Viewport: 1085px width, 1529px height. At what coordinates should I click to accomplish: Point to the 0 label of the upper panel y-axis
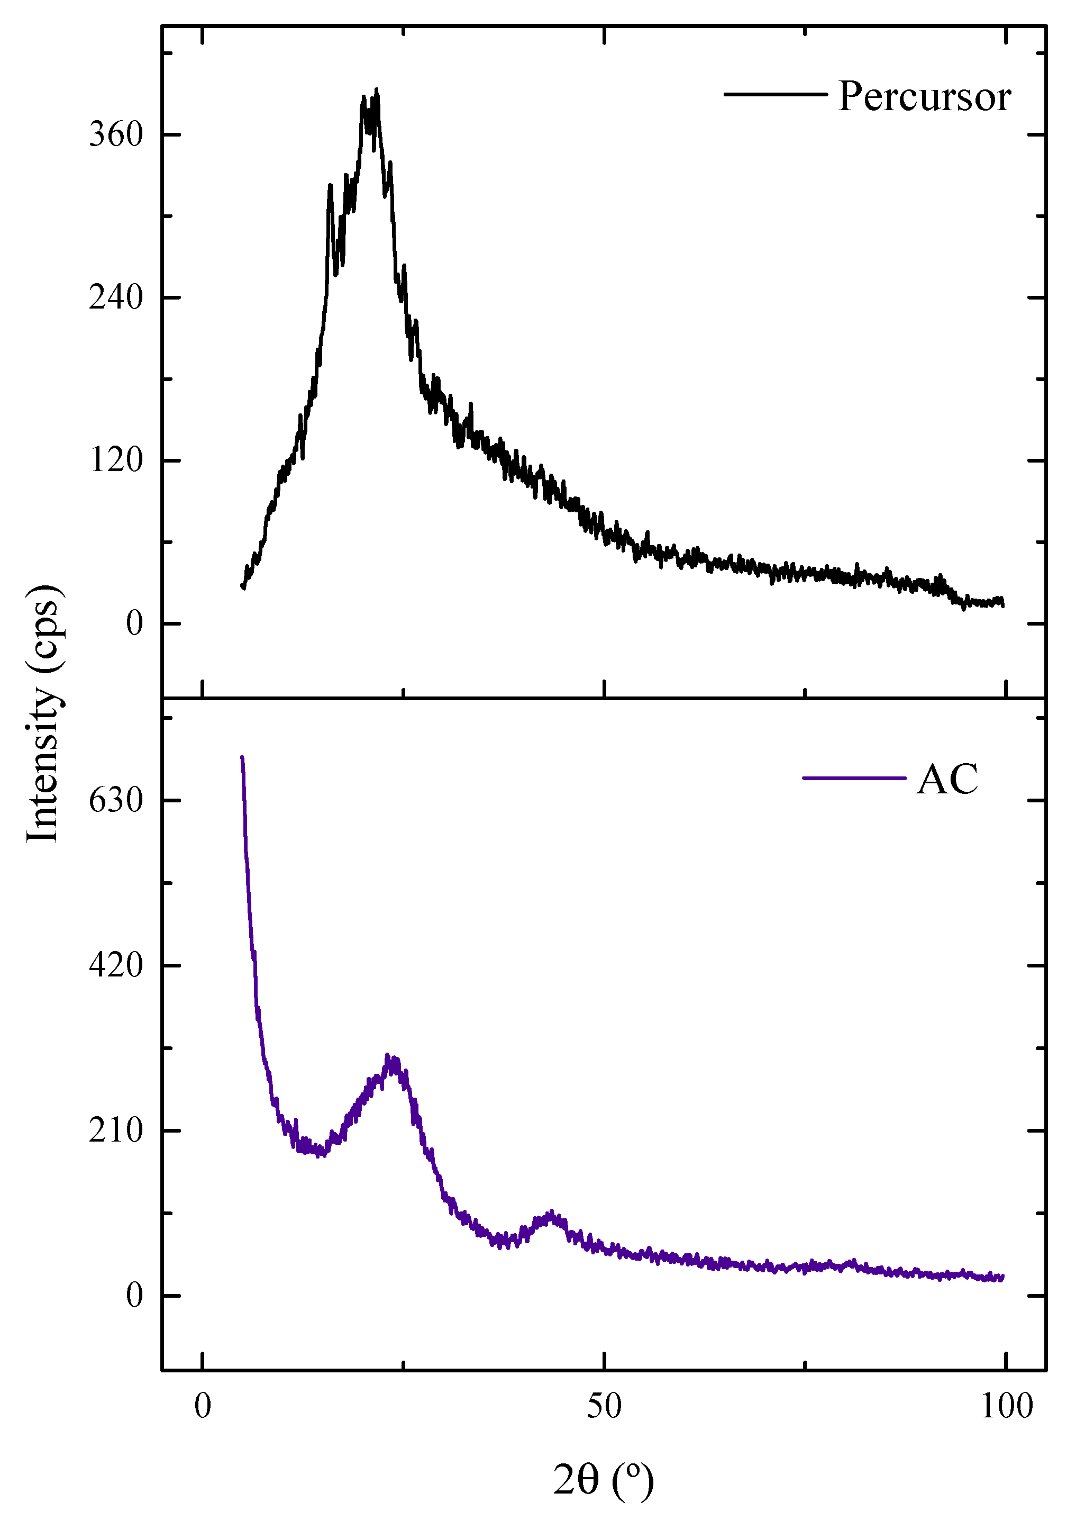[x=134, y=623]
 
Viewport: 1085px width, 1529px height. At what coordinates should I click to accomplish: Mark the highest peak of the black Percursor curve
[x=377, y=90]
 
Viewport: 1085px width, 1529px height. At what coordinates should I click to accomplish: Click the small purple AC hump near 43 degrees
[x=551, y=1214]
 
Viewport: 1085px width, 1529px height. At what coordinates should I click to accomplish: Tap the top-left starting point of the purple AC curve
[x=242, y=757]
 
